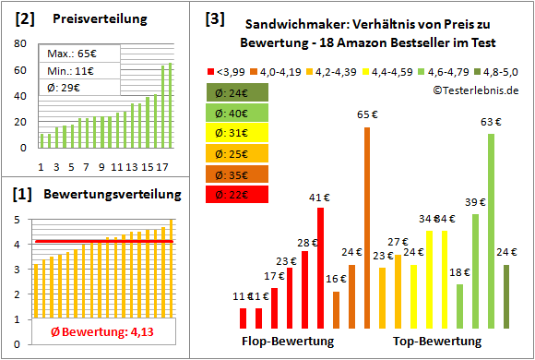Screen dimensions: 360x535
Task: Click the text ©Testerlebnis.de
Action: coord(474,90)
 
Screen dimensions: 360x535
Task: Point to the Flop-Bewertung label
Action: coord(288,342)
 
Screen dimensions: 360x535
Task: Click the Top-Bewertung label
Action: coord(437,342)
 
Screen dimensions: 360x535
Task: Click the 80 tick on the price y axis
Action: coord(21,43)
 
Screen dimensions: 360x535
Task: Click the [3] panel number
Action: coord(214,18)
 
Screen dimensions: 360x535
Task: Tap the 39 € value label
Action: coord(475,202)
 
